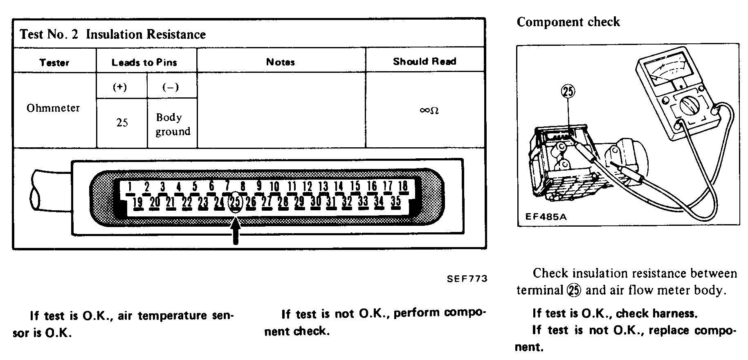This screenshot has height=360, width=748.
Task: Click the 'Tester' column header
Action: click(54, 63)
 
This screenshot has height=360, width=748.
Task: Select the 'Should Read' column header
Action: click(425, 62)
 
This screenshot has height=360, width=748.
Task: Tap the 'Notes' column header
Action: click(281, 62)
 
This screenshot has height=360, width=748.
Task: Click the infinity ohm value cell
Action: click(429, 110)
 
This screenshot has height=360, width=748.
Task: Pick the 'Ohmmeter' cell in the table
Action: click(53, 108)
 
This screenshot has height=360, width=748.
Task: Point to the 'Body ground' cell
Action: click(172, 124)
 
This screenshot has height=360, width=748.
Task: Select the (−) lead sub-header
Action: click(171, 87)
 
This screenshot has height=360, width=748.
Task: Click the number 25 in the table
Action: click(122, 123)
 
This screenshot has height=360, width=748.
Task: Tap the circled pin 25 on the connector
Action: click(235, 202)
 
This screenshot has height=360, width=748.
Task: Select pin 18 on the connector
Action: click(403, 186)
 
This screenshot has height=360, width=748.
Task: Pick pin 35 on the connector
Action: click(395, 201)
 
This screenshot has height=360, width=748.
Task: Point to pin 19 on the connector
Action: click(138, 202)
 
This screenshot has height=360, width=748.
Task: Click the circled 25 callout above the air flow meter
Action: click(568, 91)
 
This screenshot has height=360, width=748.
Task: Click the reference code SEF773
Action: click(467, 279)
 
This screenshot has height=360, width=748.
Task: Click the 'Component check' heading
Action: click(568, 22)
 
